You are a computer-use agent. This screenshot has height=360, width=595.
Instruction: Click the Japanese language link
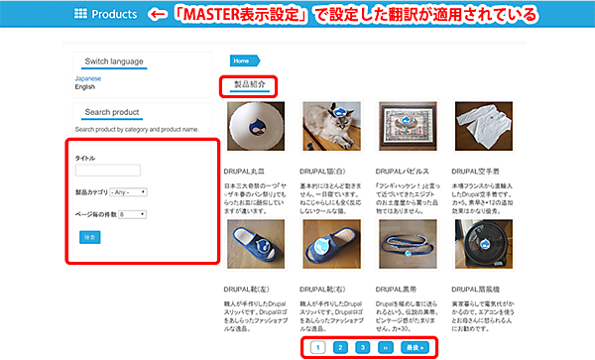click(87, 77)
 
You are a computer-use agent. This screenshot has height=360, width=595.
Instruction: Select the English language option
click(85, 86)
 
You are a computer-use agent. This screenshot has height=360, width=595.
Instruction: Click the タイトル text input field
click(108, 171)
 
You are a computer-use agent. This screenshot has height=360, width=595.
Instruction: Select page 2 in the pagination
click(339, 347)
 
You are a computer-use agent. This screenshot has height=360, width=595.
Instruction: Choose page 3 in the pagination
click(363, 347)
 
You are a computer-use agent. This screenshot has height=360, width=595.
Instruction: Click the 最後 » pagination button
click(416, 347)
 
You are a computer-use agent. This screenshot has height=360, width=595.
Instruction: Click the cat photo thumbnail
click(328, 130)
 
